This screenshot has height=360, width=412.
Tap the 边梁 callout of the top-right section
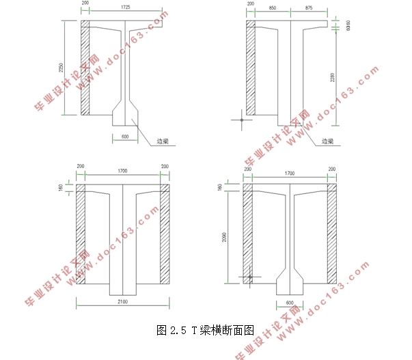coord(327,141)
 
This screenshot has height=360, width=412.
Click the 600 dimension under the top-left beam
coord(124,137)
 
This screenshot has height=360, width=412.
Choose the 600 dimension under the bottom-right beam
coord(289,303)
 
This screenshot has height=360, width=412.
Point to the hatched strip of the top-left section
coord(85,68)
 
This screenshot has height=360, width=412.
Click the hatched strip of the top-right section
coord(250,68)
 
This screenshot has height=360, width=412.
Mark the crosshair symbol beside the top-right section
coord(241,120)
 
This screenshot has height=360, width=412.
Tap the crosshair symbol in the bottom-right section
coord(250,277)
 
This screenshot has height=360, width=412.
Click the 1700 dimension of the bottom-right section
coord(290,175)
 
